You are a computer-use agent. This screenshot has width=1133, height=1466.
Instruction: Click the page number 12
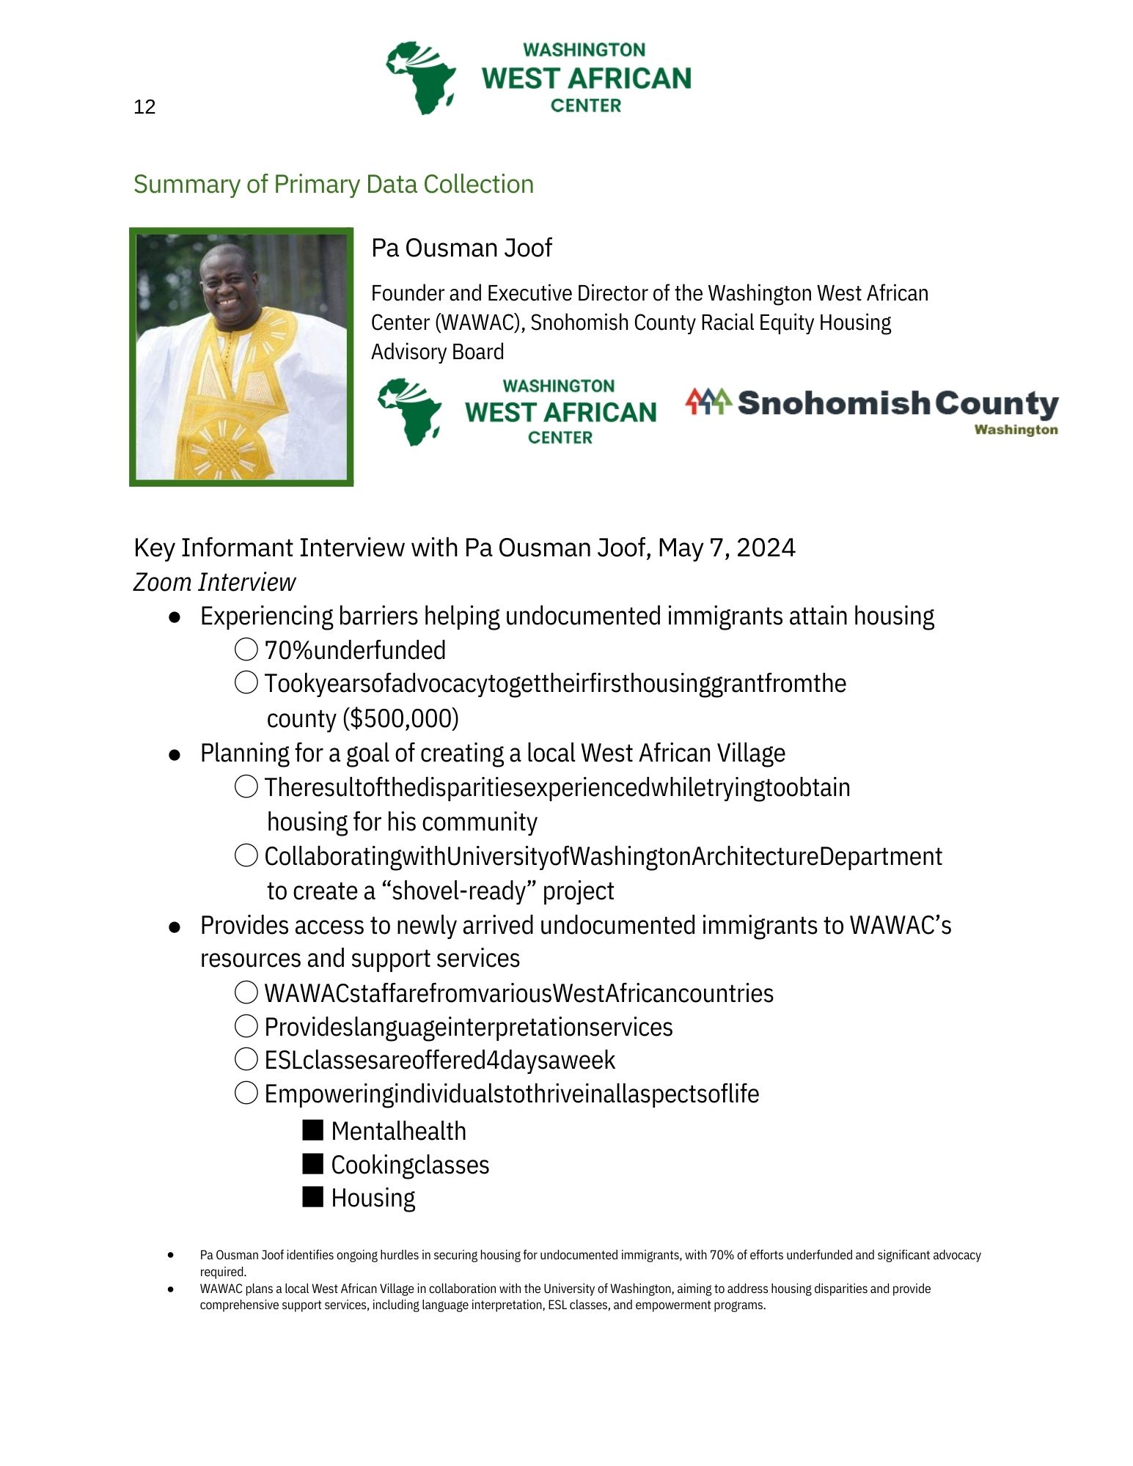[144, 107]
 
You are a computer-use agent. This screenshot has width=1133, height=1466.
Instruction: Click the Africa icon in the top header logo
[422, 78]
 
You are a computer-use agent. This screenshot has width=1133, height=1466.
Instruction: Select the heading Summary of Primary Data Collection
[333, 184]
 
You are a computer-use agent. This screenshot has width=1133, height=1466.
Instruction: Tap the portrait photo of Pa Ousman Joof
[241, 356]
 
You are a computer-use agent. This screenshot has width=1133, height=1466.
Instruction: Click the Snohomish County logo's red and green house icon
[708, 402]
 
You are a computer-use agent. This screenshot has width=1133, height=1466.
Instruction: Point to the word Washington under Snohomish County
[1016, 430]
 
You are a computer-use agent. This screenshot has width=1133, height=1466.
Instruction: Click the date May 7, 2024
[726, 548]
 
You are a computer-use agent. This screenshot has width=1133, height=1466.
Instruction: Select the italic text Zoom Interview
[214, 582]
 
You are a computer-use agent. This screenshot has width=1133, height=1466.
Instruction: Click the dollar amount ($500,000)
[400, 718]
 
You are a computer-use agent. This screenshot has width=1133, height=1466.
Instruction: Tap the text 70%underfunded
[355, 650]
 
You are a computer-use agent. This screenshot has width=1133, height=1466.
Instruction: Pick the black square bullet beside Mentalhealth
[313, 1130]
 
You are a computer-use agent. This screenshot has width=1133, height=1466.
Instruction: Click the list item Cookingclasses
[410, 1165]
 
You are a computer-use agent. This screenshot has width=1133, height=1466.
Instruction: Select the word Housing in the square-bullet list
[373, 1198]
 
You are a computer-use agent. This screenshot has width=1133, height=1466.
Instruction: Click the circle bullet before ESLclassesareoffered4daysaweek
[246, 1059]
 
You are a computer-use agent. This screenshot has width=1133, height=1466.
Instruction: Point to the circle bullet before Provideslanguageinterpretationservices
[246, 1026]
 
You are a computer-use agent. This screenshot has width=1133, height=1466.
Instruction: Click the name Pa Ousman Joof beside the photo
[461, 248]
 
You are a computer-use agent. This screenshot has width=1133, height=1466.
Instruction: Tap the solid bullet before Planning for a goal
[175, 754]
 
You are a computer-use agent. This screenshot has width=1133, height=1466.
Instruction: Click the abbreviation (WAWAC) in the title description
[447, 323]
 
